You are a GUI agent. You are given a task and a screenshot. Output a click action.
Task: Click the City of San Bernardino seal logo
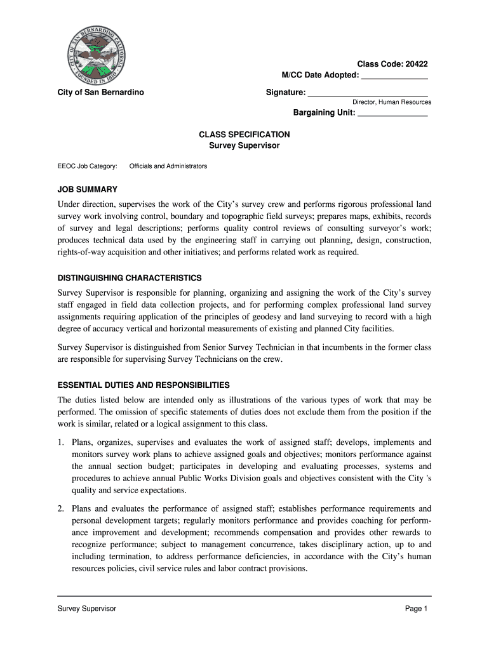[97, 54]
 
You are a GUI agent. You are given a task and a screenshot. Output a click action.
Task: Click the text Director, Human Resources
[392, 102]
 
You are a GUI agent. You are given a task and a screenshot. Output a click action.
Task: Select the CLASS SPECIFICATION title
[245, 135]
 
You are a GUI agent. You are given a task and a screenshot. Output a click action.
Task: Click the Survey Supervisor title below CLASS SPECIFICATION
[245, 145]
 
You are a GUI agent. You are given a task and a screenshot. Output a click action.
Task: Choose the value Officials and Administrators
[168, 166]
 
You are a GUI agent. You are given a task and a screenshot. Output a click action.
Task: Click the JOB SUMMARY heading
[88, 189]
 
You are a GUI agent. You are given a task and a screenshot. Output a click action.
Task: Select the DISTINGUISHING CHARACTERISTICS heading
[130, 278]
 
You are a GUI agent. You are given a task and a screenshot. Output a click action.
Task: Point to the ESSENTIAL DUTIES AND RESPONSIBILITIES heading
[144, 385]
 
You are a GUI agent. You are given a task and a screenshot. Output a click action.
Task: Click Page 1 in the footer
[417, 609]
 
